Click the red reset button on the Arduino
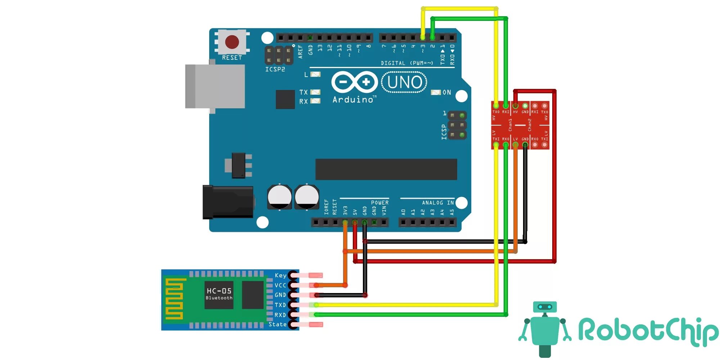point(232,42)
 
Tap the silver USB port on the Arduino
point(215,86)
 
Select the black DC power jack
point(228,202)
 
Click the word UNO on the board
point(405,82)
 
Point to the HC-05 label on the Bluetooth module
point(219,291)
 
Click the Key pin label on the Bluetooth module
point(280,275)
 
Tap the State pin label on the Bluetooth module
point(278,324)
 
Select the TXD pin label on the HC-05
point(280,305)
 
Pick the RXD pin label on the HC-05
point(280,315)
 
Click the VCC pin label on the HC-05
point(280,285)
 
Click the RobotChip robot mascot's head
point(545,307)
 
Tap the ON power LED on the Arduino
point(436,93)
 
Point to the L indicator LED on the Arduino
point(315,75)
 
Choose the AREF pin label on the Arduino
point(301,51)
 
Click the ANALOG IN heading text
point(438,203)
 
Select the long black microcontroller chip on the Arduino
point(386,169)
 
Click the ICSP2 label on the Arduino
point(275,69)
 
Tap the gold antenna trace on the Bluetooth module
point(174,299)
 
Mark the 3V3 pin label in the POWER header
point(345,211)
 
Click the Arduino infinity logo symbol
point(354,82)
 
